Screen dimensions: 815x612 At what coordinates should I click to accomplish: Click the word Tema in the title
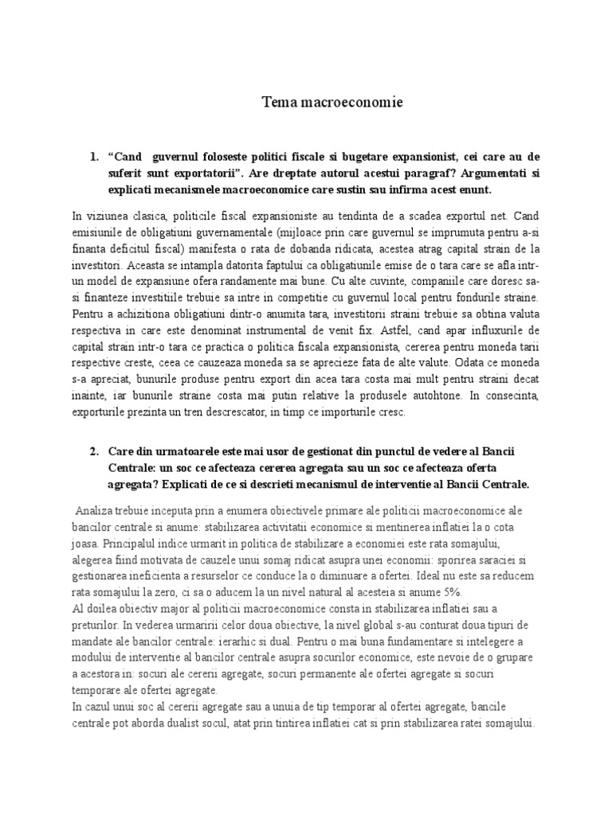(279, 103)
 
